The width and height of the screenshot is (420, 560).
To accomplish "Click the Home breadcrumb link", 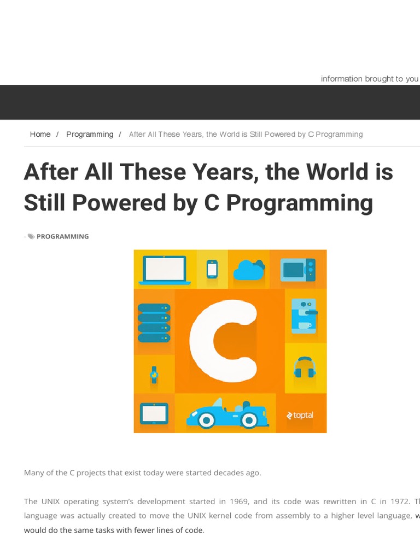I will tap(40, 135).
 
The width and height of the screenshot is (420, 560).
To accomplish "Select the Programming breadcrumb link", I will tap(90, 135).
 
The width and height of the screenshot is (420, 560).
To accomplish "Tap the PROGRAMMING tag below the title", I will tap(62, 237).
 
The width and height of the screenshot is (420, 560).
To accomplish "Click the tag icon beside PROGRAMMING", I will tap(31, 237).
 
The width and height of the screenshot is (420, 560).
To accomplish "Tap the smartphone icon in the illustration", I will tap(212, 269).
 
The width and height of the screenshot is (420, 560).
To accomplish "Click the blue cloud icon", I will tap(249, 270).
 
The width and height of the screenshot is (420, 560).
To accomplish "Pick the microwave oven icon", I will tap(298, 270).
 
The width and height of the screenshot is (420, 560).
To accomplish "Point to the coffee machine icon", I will tap(304, 316).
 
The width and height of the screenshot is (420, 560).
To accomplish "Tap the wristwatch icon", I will tap(154, 374).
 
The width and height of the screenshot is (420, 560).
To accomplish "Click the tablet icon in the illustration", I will tap(154, 413).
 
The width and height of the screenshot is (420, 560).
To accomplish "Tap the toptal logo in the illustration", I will tap(300, 415).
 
